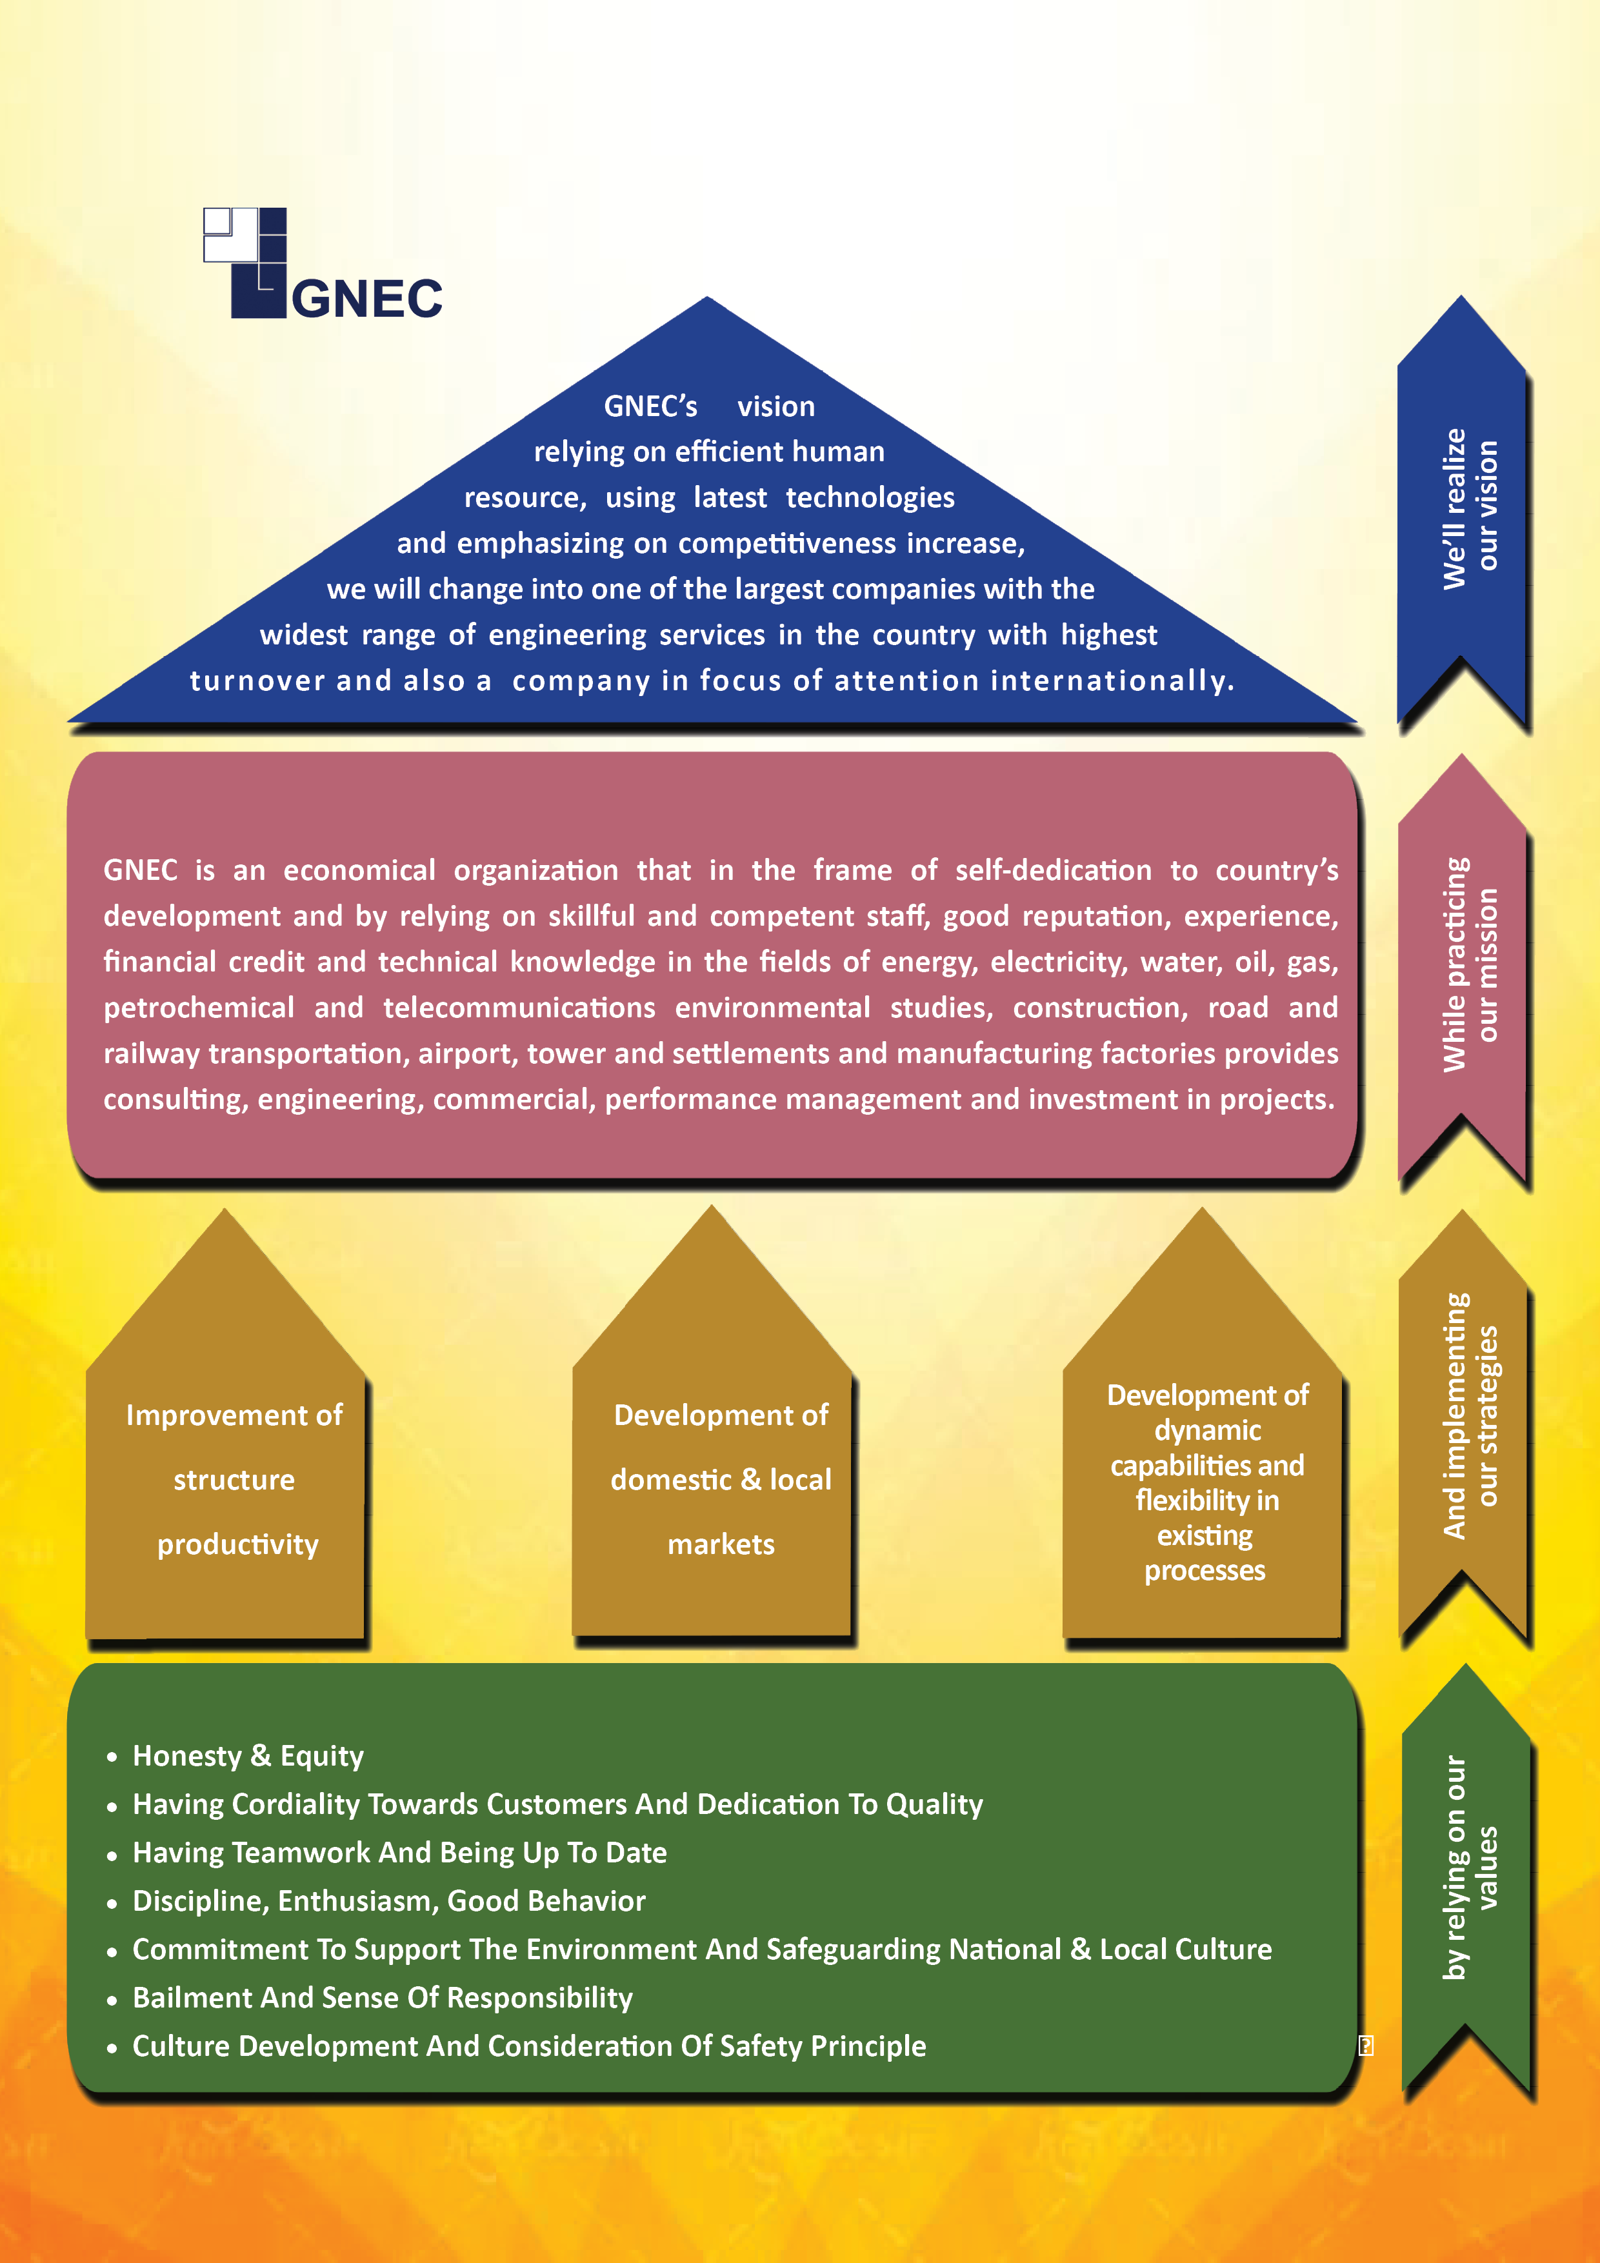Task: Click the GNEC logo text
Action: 366,299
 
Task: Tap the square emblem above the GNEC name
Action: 245,262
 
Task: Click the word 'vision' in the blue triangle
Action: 776,406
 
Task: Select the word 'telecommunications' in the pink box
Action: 519,1007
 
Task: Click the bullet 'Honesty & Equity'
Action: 248,1757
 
